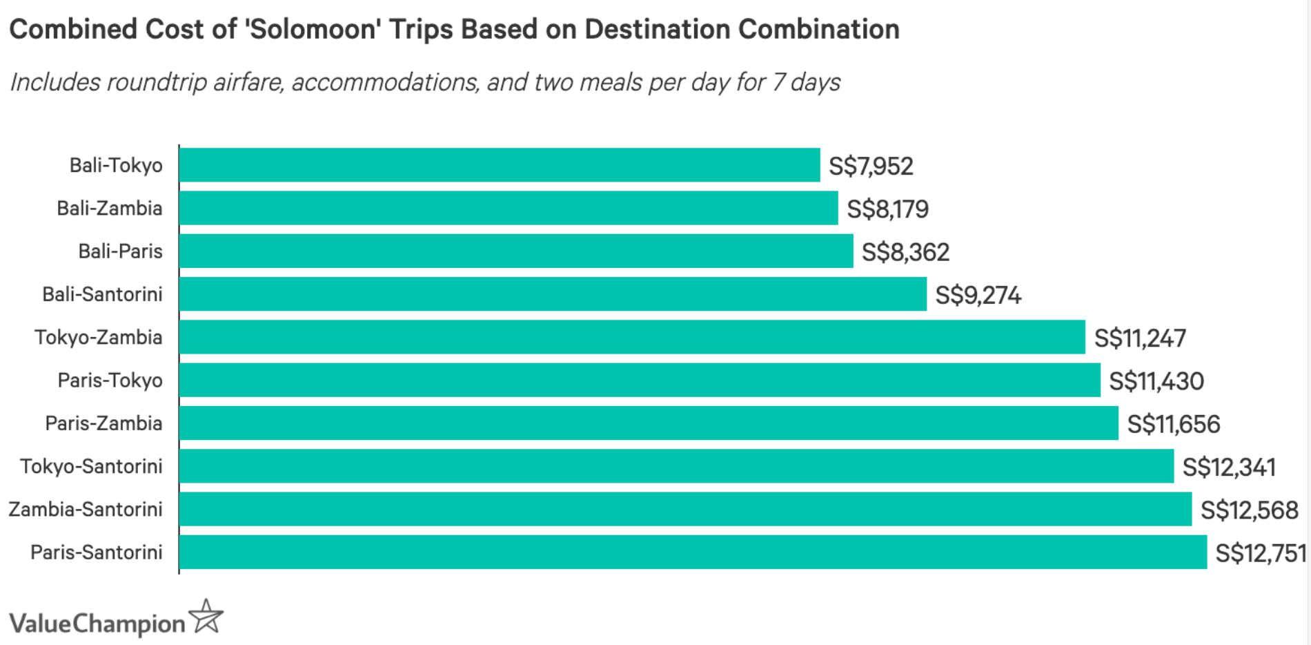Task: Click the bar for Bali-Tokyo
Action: [500, 165]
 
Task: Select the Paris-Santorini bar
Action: [693, 552]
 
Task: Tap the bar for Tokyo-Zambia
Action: [632, 337]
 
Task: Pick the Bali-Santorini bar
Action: [553, 294]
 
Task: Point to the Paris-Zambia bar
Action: [649, 423]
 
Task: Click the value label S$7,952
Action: [871, 166]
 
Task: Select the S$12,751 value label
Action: [1261, 553]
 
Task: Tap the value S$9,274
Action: [978, 296]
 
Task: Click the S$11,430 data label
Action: [1156, 381]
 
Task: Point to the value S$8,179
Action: [887, 209]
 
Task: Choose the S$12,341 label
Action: [1229, 468]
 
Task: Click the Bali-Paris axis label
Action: [120, 251]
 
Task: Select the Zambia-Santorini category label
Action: [86, 510]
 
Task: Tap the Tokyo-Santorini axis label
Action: [91, 467]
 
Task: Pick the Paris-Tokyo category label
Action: [110, 381]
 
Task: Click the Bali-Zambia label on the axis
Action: [109, 209]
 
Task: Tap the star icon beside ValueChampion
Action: [207, 617]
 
